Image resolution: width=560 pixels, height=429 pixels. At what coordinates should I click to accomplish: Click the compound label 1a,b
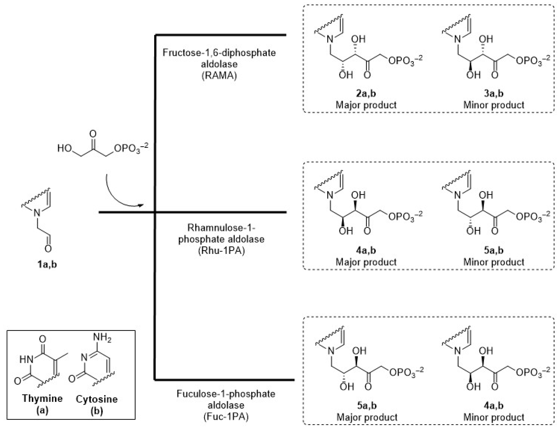(x=47, y=264)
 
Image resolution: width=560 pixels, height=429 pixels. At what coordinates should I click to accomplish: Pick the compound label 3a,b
(x=493, y=93)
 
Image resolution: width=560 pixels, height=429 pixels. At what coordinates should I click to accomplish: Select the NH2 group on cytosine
(x=102, y=338)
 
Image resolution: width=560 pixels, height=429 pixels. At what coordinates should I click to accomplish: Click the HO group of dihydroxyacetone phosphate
(x=64, y=148)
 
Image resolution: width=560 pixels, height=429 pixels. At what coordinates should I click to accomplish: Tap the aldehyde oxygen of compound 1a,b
(x=48, y=248)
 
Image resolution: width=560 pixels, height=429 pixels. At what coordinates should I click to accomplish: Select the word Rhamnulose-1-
(x=221, y=228)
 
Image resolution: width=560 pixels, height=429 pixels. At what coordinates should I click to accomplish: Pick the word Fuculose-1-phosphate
(x=226, y=394)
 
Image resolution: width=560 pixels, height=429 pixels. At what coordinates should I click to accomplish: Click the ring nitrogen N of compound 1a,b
(x=37, y=213)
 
